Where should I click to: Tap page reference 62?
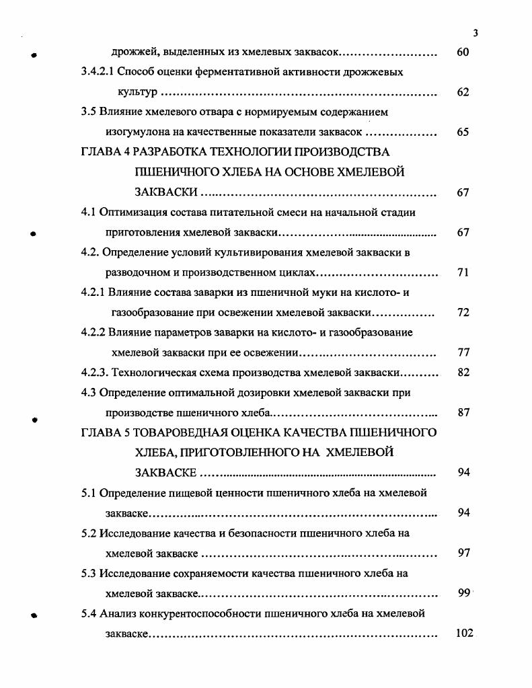pos(463,92)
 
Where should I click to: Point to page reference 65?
pos(463,132)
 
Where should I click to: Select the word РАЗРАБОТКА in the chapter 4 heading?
pos(166,152)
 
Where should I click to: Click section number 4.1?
pos(89,213)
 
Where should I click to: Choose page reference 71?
pos(463,273)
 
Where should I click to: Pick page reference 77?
pos(463,352)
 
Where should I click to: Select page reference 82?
pos(463,373)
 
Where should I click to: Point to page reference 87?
pos(463,412)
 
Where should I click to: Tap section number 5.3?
pos(89,573)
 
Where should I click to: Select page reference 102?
pos(464,633)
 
